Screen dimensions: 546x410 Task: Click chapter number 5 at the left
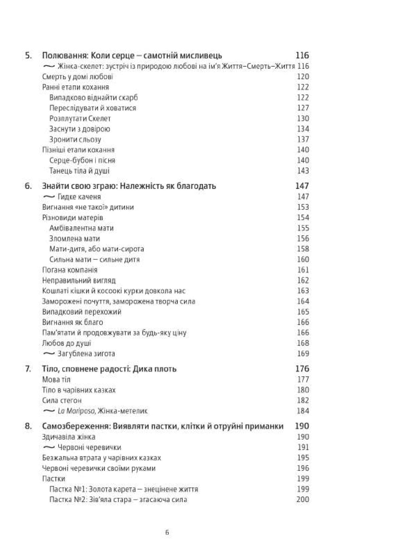point(28,56)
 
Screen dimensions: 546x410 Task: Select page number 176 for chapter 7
point(302,369)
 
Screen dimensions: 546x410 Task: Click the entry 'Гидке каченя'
point(79,197)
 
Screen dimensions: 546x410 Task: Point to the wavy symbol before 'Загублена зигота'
point(49,353)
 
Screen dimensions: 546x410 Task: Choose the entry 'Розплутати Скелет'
point(80,119)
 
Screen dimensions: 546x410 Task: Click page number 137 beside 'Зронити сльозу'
point(303,139)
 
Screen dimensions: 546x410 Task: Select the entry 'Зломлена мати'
point(74,239)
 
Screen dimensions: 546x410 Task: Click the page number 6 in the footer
point(167,532)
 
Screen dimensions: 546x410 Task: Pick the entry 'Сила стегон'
point(62,400)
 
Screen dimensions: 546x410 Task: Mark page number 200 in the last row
point(303,500)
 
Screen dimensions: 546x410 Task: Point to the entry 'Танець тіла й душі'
point(79,171)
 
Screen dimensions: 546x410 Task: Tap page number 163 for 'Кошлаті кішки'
point(303,291)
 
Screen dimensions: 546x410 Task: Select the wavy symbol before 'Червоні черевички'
point(49,447)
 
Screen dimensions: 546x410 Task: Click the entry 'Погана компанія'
point(70,270)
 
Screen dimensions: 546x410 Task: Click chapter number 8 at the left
point(28,426)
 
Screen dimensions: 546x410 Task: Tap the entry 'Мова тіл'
point(56,380)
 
